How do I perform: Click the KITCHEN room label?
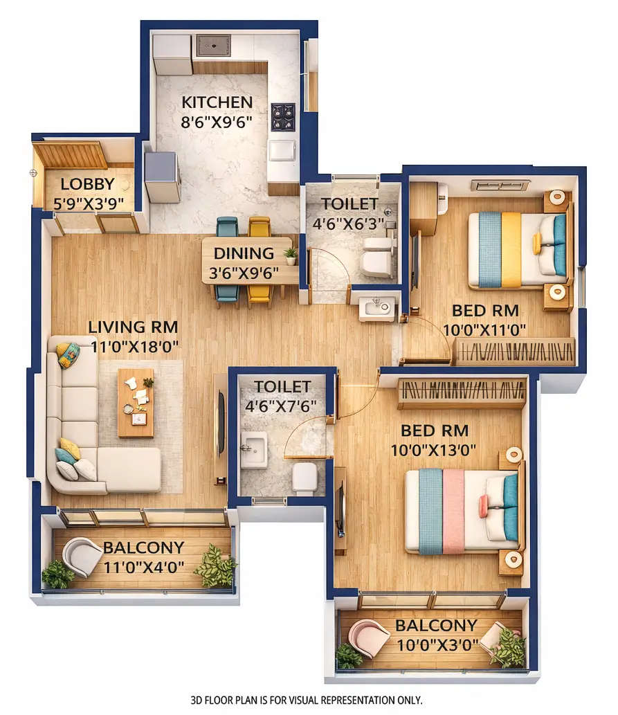[x=217, y=102]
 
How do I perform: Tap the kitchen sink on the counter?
[x=212, y=46]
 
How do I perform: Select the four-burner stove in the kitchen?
[x=282, y=116]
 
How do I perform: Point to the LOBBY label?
[x=87, y=184]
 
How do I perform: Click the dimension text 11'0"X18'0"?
[x=133, y=345]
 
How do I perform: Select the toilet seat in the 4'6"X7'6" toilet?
[x=305, y=477]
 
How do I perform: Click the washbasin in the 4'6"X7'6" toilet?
[x=253, y=450]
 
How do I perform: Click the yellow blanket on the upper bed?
[x=511, y=249]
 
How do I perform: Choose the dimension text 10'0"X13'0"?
[x=434, y=449]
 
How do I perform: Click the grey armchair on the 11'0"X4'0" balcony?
[x=82, y=556]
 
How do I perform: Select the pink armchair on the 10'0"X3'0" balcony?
[x=368, y=637]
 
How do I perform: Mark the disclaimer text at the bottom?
[x=306, y=700]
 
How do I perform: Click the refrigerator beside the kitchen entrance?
[x=163, y=177]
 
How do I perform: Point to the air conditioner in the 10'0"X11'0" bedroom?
[x=500, y=185]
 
